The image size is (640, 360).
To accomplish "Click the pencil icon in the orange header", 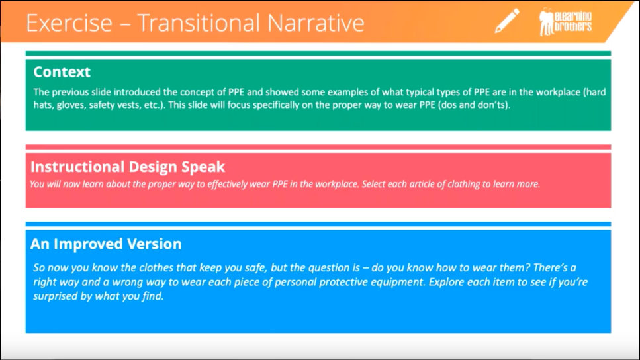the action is click(x=507, y=21).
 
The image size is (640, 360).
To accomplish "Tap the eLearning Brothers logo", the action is click(x=565, y=22).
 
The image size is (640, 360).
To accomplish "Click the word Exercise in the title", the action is click(x=69, y=23).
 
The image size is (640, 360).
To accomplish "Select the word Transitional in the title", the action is click(x=199, y=23).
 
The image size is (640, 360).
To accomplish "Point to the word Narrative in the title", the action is click(x=316, y=23).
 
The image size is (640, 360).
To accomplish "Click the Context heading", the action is click(x=62, y=72).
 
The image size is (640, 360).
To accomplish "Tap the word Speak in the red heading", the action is click(x=203, y=167).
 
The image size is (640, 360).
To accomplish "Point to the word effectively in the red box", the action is click(x=227, y=184).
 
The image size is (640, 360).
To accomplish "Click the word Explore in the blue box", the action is click(x=445, y=282).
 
